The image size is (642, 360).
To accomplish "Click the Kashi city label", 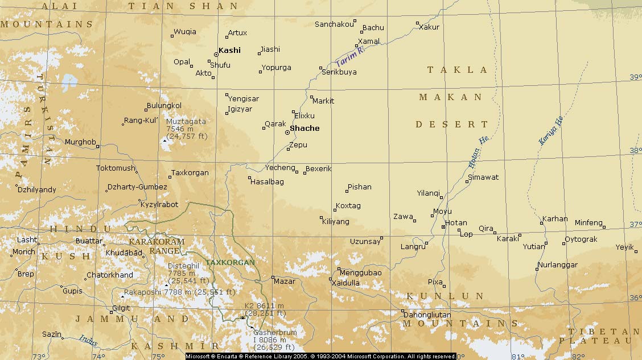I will (229, 51).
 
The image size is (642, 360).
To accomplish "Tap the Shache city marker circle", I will (287, 133).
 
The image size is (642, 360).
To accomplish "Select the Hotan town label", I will (456, 223).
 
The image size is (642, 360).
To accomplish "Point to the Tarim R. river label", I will (350, 56).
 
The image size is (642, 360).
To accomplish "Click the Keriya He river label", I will (551, 131).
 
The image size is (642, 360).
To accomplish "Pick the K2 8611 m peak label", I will (264, 309).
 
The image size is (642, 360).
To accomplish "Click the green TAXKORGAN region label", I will (231, 263).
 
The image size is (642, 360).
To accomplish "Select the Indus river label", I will (88, 340).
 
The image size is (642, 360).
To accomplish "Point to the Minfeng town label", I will (588, 223).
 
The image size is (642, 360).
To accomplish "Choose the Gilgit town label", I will (121, 308).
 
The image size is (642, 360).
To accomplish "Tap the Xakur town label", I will (429, 27).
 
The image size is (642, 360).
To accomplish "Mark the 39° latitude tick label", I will (635, 77).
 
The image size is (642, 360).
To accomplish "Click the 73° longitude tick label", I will (38, 357).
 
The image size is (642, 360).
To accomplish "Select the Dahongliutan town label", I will (427, 315).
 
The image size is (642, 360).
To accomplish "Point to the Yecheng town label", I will (280, 168).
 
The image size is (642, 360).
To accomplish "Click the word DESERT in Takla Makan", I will (452, 125).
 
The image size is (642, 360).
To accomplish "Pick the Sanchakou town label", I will (334, 24).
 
